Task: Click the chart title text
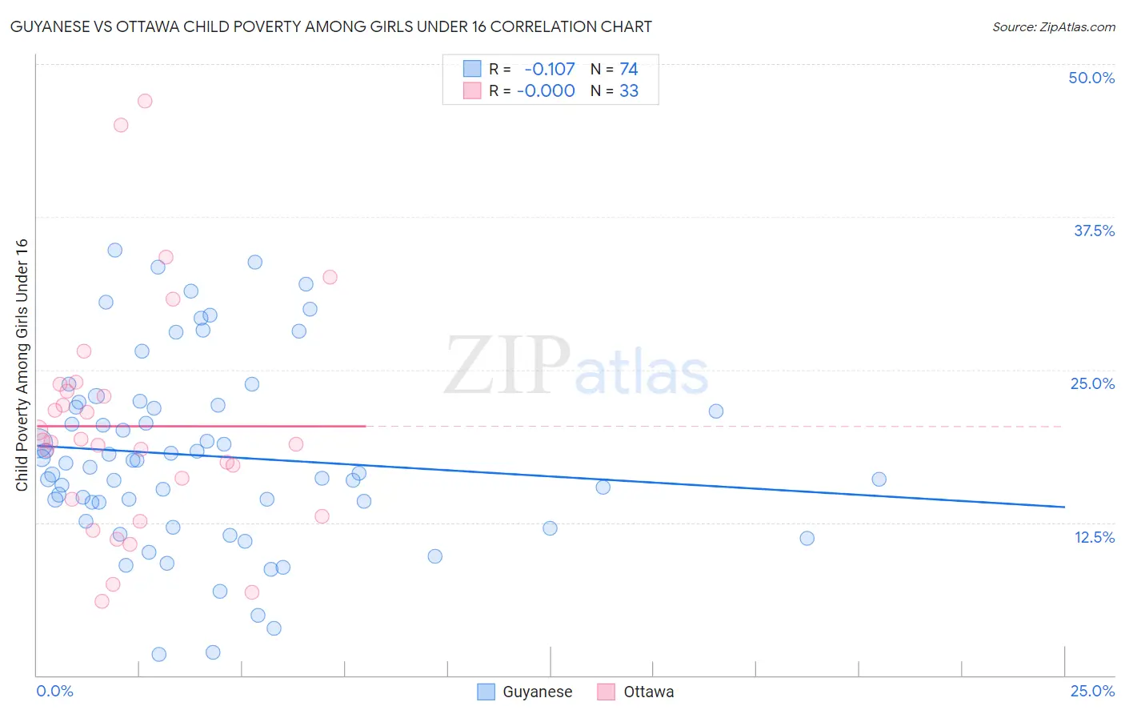click(331, 26)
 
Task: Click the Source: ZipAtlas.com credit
click(1053, 27)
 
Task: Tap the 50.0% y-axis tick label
click(1091, 78)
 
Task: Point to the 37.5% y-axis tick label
click(1094, 231)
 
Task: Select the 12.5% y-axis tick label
click(1094, 537)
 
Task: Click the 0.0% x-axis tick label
click(54, 691)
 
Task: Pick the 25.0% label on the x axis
click(1092, 691)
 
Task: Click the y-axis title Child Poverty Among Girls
click(22, 365)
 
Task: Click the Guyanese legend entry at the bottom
click(525, 692)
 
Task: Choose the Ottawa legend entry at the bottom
click(636, 692)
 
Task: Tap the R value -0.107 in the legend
click(550, 70)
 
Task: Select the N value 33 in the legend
click(629, 91)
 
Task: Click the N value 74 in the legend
click(629, 70)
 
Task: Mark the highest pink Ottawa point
click(145, 101)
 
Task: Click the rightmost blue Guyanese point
click(879, 479)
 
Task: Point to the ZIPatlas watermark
click(576, 367)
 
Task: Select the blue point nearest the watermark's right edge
click(716, 411)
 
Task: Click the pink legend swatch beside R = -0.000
click(472, 91)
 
